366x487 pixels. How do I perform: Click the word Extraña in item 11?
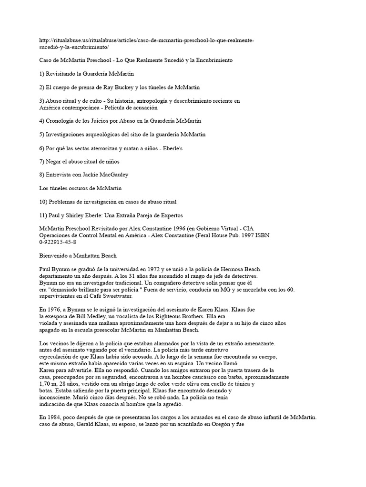coord(121,215)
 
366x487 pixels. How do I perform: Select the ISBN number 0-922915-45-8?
coord(57,242)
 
